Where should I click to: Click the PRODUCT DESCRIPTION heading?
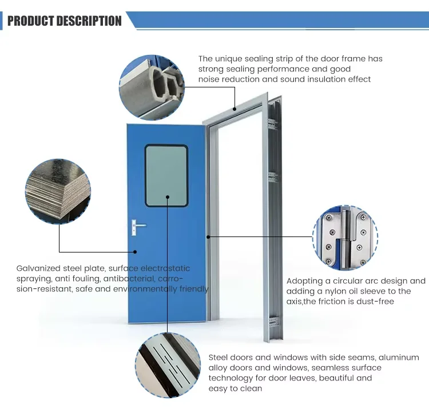(65, 21)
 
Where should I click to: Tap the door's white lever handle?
(138, 227)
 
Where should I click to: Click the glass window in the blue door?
(166, 176)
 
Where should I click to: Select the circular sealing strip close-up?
(152, 87)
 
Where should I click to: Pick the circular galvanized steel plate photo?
(58, 191)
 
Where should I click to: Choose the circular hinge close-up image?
(345, 238)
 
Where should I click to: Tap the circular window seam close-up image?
(168, 365)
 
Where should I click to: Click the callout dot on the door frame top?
(235, 109)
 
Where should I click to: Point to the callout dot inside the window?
(168, 197)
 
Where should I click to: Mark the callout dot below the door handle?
(135, 252)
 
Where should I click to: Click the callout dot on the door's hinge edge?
(208, 237)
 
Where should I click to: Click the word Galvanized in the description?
(38, 268)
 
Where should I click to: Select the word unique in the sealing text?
(229, 59)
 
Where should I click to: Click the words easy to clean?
(235, 388)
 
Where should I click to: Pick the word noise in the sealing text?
(209, 79)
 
